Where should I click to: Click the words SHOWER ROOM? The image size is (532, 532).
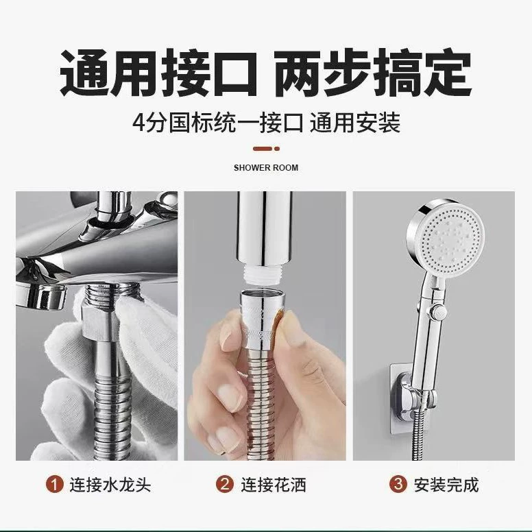pyautogui.click(x=266, y=167)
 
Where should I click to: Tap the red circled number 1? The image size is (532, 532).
pyautogui.click(x=55, y=484)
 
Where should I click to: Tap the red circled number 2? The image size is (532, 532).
pyautogui.click(x=225, y=484)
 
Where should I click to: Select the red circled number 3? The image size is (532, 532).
pyautogui.click(x=398, y=484)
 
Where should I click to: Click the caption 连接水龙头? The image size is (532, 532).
pyautogui.click(x=110, y=485)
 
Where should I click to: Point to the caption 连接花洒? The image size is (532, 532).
pyautogui.click(x=274, y=485)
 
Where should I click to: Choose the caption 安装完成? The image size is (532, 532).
pyautogui.click(x=446, y=485)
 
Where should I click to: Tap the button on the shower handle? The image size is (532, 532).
pyautogui.click(x=438, y=311)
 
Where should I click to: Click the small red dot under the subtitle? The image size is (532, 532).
pyautogui.click(x=277, y=149)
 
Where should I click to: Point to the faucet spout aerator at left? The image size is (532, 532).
pyautogui.click(x=41, y=296)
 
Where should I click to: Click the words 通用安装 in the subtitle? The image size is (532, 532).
pyautogui.click(x=355, y=123)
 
